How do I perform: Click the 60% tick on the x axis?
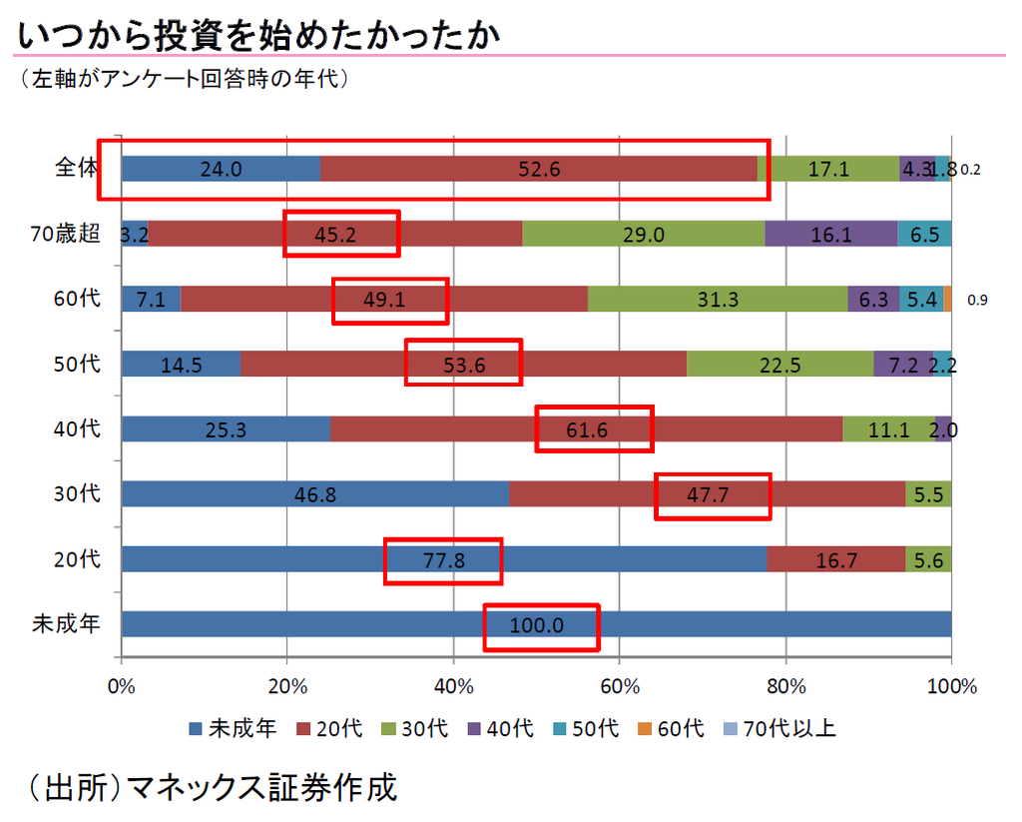click(619, 686)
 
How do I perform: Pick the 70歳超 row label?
click(65, 234)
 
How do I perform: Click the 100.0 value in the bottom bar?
click(537, 626)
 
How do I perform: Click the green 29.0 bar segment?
click(644, 234)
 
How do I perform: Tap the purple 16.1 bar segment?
click(831, 234)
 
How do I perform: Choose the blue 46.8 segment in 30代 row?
click(314, 494)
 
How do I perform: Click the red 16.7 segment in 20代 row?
click(836, 560)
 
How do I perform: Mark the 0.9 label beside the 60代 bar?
click(977, 300)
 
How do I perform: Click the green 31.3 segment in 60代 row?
click(718, 300)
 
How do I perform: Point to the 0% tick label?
click(121, 686)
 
